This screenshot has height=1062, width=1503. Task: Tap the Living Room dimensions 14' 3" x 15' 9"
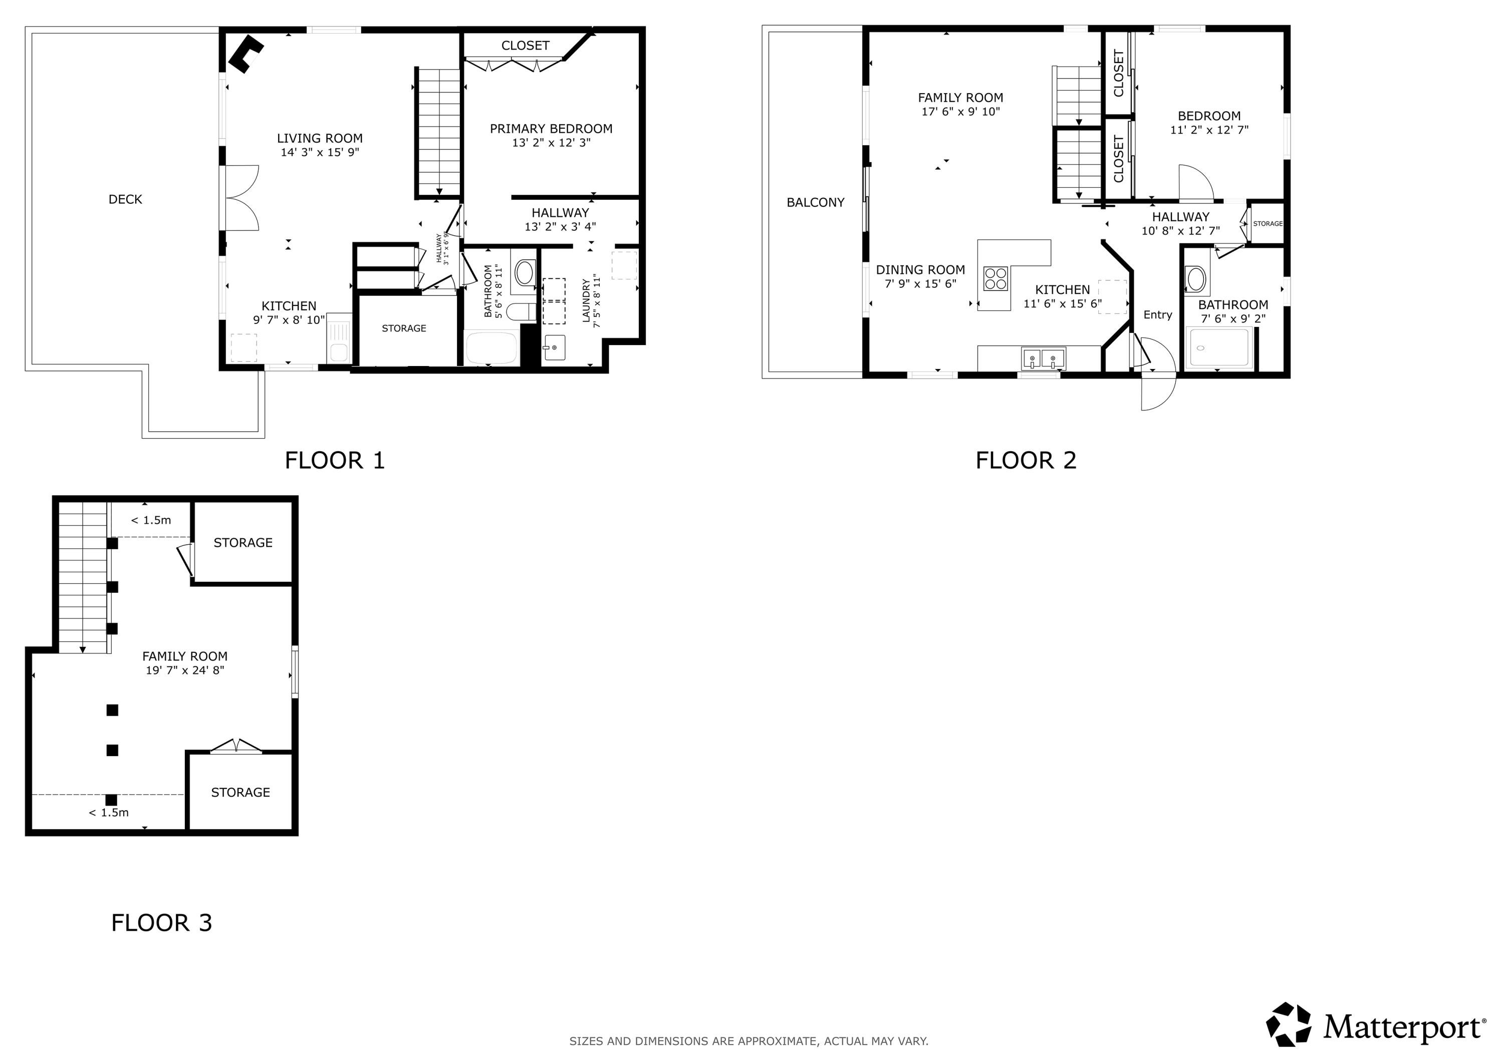click(320, 152)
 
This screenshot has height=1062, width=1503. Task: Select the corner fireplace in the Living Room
click(245, 54)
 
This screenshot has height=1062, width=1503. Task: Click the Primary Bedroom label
click(551, 129)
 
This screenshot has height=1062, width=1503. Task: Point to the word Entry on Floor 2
click(1157, 315)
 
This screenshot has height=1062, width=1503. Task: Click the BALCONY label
click(815, 203)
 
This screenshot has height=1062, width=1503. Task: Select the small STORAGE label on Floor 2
click(1268, 224)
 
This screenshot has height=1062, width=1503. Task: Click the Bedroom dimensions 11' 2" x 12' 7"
click(1209, 130)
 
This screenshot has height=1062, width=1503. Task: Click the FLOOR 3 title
click(162, 923)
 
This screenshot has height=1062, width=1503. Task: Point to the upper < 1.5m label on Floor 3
click(151, 520)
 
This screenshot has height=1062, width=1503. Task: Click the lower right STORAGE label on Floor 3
click(240, 793)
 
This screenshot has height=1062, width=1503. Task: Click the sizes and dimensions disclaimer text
click(748, 1041)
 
